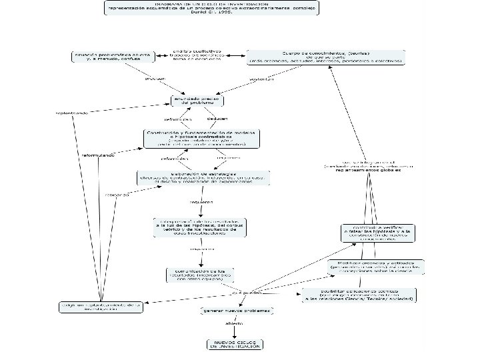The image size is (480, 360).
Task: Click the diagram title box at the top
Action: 211,8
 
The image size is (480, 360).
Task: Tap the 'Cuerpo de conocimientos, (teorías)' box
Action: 325,57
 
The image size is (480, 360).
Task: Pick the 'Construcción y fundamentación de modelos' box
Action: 202,137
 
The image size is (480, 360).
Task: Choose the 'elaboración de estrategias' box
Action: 195,177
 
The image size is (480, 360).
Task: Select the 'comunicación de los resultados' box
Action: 199,274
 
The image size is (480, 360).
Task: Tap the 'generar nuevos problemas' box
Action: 237,311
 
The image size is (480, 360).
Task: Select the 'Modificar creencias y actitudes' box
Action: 375,267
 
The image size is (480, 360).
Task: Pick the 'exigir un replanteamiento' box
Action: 100,307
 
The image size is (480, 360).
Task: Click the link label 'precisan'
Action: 156,79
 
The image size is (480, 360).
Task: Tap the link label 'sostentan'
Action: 261,79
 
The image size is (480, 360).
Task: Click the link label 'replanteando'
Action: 73,113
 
